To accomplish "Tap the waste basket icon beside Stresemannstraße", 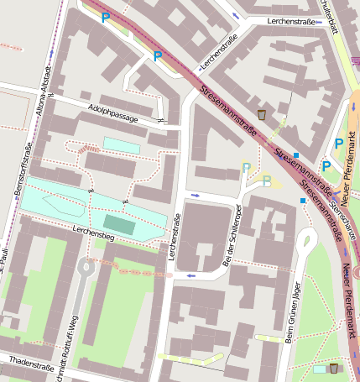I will pos(262,114).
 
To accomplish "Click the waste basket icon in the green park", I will pos(334,368).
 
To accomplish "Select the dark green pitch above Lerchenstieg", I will pos(118,224).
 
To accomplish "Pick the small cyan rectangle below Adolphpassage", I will pos(121,144).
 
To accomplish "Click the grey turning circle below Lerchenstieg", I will pos(86,268).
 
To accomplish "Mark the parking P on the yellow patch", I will pos(266,180).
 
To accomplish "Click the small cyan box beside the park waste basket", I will pos(320,369).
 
